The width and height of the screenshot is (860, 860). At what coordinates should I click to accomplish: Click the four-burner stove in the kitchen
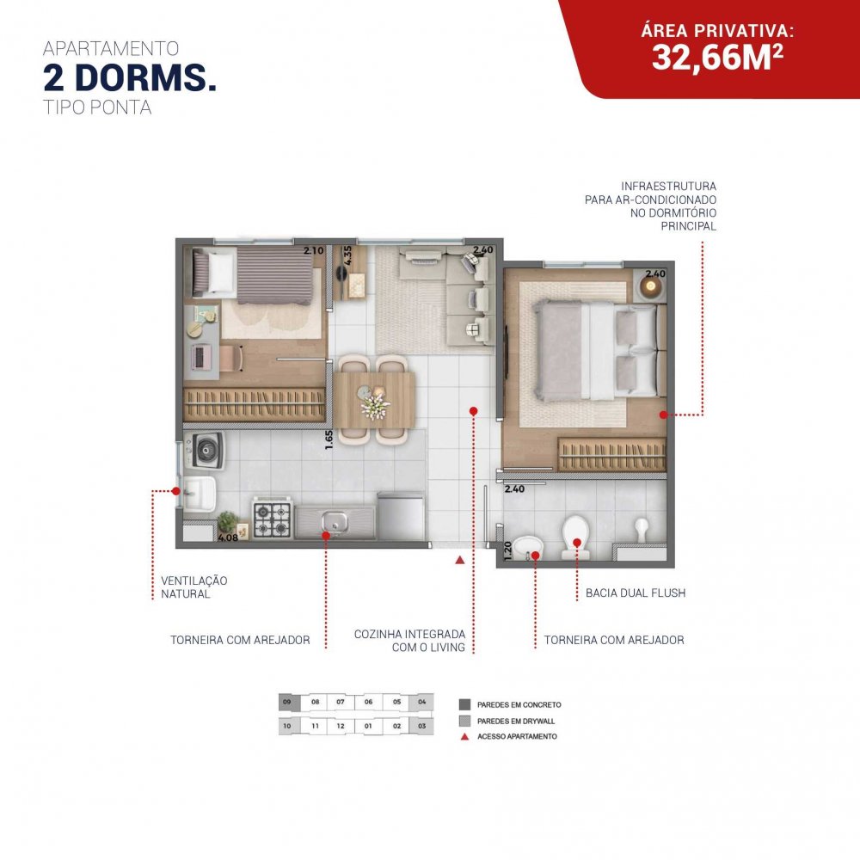272,519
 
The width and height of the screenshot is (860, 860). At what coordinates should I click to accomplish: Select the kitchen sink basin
334,522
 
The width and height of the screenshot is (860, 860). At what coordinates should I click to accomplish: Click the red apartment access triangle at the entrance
460,560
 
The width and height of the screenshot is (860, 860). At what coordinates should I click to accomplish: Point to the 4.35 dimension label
347,255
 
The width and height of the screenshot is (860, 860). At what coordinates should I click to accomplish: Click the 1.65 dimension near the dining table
329,439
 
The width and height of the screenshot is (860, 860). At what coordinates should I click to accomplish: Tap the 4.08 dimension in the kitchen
228,538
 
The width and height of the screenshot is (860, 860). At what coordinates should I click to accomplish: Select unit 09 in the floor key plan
287,702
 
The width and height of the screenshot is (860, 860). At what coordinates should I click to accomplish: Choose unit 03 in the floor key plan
421,726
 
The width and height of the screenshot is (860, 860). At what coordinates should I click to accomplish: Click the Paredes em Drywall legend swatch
465,721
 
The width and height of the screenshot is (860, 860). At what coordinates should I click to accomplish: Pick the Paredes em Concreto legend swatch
465,705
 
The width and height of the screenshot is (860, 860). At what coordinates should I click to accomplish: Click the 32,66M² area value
717,57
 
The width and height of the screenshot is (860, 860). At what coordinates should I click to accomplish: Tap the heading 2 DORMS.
130,78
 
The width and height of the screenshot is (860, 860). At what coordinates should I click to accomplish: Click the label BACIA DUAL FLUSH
636,593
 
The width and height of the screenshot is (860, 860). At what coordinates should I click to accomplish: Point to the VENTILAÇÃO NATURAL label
193,587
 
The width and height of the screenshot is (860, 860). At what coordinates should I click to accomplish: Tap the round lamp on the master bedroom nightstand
651,286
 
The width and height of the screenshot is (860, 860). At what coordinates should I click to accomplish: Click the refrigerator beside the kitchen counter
401,515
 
